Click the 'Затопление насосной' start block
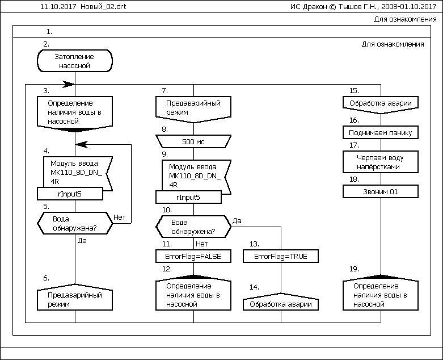click(x=74, y=61)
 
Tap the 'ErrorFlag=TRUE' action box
click(x=281, y=257)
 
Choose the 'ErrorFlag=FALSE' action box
click(x=193, y=257)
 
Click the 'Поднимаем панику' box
click(x=381, y=132)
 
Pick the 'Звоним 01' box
click(x=381, y=192)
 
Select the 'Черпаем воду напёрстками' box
click(x=381, y=162)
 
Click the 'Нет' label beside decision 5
click(x=120, y=217)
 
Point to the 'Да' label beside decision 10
click(x=238, y=220)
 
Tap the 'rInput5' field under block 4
click(x=71, y=194)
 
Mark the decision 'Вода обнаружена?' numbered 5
click(x=74, y=223)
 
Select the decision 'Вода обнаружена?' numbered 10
click(x=193, y=227)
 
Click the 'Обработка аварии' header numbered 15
click(x=381, y=103)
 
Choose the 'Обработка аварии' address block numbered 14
click(x=281, y=304)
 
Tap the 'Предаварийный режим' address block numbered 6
click(x=74, y=299)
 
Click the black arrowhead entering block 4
click(x=81, y=144)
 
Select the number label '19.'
click(x=354, y=269)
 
